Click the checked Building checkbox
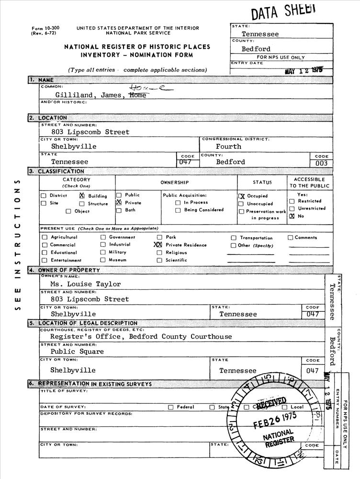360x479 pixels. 82,195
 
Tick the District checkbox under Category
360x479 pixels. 44,195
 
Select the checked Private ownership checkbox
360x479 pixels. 119,203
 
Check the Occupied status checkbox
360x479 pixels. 242,196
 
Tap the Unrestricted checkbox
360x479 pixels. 292,209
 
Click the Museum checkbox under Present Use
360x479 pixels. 103,260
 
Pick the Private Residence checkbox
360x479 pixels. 158,245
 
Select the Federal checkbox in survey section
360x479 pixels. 170,407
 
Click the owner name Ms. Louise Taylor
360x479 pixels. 86,284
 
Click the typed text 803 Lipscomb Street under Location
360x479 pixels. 90,132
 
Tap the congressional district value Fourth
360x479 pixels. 228,147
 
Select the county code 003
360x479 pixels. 321,163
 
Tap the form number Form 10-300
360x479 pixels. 42,28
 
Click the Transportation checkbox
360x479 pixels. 234,238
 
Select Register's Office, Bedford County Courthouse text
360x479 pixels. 141,337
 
